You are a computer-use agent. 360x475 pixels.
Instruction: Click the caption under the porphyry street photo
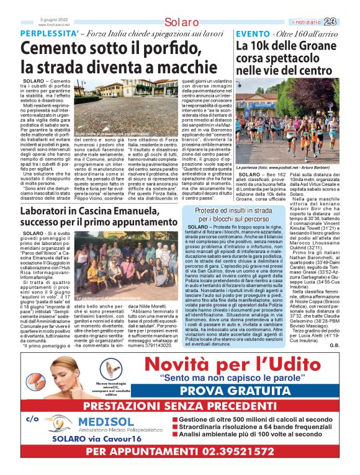point(112,133)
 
